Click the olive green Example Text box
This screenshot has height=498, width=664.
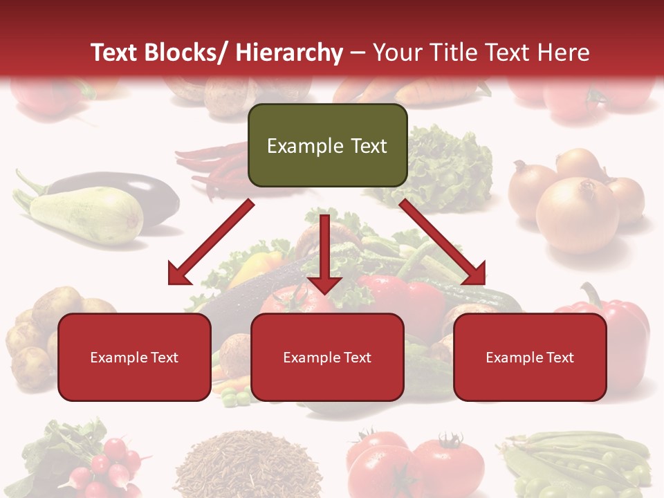[327, 146]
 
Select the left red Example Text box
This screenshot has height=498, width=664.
[134, 358]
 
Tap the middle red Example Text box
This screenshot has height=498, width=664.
[327, 358]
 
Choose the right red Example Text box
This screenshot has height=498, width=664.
[530, 358]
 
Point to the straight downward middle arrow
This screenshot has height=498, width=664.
[324, 256]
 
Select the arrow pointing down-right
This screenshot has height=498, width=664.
[446, 246]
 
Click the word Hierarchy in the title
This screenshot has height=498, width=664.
[289, 53]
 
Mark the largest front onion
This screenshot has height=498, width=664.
[578, 214]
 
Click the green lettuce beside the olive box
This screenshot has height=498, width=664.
[450, 169]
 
